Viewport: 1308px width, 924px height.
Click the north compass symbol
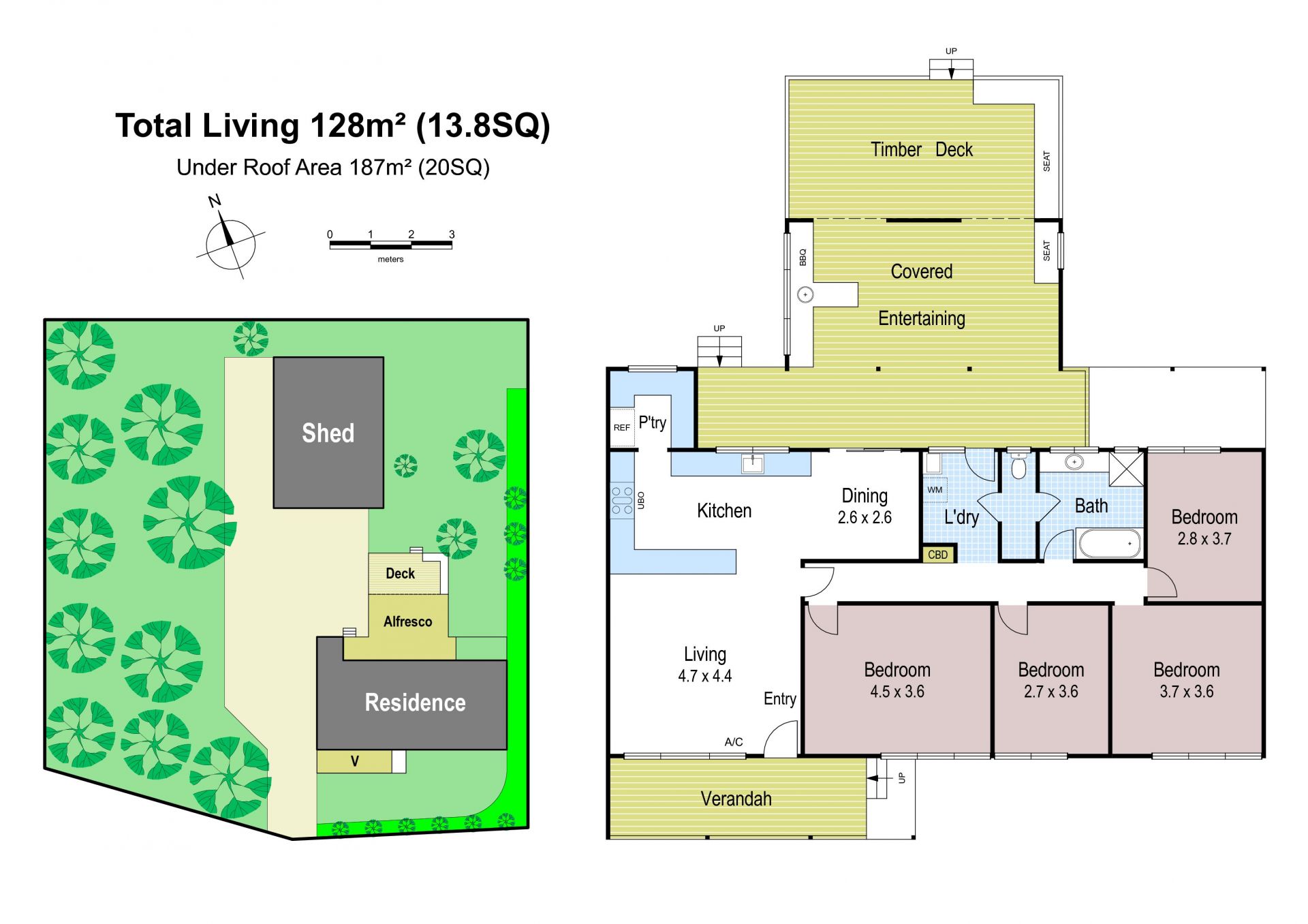(230, 243)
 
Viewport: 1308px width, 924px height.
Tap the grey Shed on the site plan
(328, 433)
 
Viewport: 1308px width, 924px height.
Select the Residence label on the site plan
(415, 703)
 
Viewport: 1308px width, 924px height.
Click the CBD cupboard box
(938, 554)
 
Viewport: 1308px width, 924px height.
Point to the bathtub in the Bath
(1109, 543)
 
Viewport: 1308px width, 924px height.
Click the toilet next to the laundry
(1018, 466)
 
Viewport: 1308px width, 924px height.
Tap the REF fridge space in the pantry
(621, 427)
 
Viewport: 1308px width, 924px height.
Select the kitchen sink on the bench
(752, 464)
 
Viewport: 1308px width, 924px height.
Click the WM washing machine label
(935, 489)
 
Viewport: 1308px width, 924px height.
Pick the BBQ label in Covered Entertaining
(803, 257)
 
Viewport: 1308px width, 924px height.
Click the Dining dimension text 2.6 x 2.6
(865, 518)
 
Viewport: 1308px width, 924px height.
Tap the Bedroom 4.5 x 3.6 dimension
(897, 692)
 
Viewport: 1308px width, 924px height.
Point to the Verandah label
(736, 799)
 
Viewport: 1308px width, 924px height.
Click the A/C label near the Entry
(734, 742)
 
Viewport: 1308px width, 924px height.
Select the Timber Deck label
(922, 149)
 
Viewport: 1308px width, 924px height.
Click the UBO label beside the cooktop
(641, 500)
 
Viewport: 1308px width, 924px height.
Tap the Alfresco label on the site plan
(407, 621)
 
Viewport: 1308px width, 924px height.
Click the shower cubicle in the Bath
(1126, 468)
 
